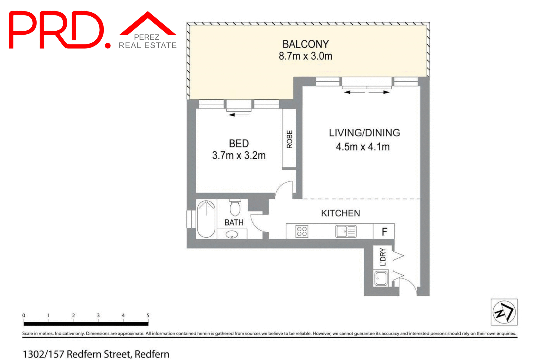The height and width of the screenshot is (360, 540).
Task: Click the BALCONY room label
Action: point(305,44)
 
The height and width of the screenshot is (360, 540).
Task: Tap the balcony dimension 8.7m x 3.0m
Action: point(305,56)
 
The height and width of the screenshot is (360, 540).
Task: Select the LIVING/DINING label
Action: point(364,133)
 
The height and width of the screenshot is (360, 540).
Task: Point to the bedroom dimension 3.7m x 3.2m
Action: point(239,155)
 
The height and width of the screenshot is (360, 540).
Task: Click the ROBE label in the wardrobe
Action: point(289,139)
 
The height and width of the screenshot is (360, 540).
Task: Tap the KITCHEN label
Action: point(340,213)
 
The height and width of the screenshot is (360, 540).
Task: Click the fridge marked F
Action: point(384,231)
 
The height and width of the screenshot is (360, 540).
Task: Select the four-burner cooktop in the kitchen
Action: point(302,231)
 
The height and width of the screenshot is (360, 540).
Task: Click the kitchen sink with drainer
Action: point(346,231)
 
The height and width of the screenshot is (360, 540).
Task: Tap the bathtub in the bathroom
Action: point(206,219)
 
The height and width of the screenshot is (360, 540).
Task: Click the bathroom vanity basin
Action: point(232,234)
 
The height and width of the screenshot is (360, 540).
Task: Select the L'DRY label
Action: point(383,256)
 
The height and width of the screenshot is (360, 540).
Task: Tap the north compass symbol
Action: point(504,312)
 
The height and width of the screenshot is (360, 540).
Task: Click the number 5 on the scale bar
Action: point(148,315)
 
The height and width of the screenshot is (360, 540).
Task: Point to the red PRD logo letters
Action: point(56,30)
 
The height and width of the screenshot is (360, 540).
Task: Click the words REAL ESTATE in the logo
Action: point(147,45)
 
